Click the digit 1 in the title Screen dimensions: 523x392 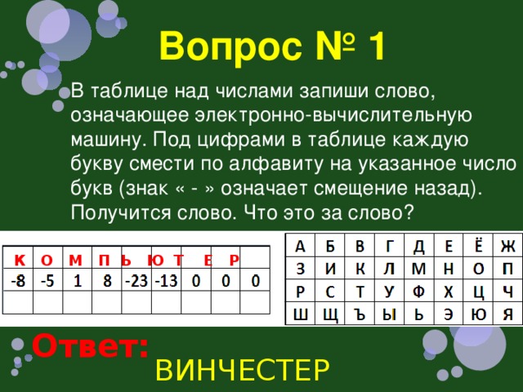[x=376, y=47]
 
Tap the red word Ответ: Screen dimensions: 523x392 [x=90, y=345]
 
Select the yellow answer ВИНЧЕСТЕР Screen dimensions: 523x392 [x=243, y=370]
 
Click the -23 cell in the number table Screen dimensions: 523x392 [x=136, y=281]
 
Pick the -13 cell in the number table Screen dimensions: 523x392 [x=166, y=281]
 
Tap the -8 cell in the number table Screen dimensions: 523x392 [x=18, y=281]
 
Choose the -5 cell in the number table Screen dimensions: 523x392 [x=47, y=281]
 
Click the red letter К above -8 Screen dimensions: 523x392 [x=20, y=260]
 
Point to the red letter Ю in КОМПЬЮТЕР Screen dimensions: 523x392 [x=156, y=260]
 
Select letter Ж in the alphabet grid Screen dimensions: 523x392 [x=507, y=247]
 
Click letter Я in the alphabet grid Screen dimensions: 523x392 [x=507, y=314]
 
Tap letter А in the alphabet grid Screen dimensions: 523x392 [x=300, y=247]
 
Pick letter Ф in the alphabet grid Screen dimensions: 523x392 [x=418, y=292]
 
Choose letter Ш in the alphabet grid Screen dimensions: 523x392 [x=300, y=314]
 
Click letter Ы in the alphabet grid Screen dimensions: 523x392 [x=389, y=314]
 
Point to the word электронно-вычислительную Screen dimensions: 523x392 [x=333, y=115]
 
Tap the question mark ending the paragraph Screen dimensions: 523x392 [x=409, y=212]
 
